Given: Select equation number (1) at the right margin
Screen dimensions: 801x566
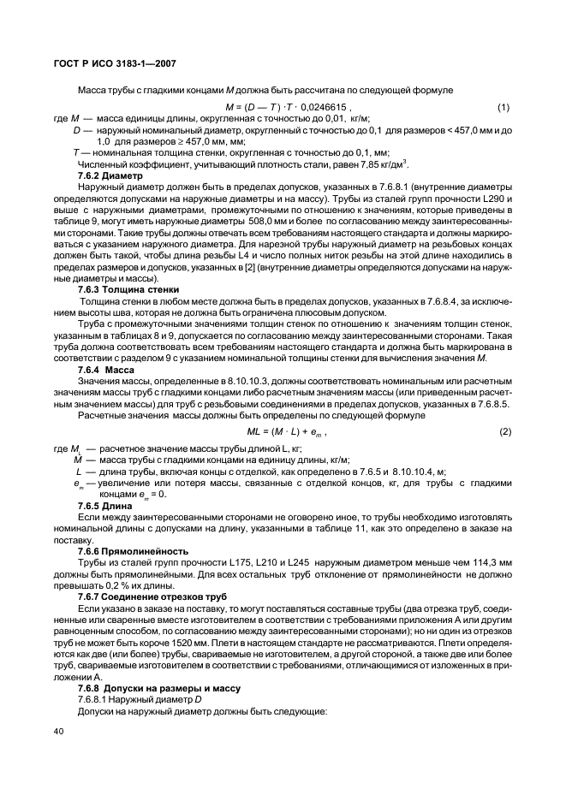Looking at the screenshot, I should [503, 107].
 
